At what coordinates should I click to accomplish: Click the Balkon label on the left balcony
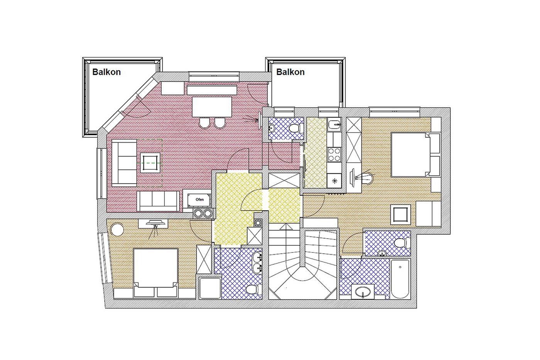click(x=106, y=72)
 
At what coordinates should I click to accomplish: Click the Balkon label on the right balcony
click(x=290, y=72)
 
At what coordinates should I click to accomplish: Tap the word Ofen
click(x=200, y=199)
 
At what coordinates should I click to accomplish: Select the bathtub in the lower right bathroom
click(x=400, y=279)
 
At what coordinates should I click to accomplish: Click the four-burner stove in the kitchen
click(x=334, y=154)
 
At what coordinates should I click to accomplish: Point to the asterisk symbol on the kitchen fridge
click(x=334, y=181)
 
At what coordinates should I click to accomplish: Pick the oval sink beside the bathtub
click(x=363, y=292)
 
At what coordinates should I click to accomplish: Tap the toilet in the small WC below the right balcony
click(x=296, y=128)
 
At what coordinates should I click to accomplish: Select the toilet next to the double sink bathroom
click(x=253, y=289)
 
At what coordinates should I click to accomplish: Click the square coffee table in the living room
click(x=150, y=163)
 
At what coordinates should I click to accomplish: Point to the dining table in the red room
click(x=212, y=107)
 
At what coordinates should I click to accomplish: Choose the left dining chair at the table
click(x=205, y=123)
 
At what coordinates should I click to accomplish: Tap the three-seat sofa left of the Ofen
click(x=158, y=201)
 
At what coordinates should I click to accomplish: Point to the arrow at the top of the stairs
click(x=286, y=226)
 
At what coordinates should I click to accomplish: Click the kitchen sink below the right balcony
click(x=334, y=124)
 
